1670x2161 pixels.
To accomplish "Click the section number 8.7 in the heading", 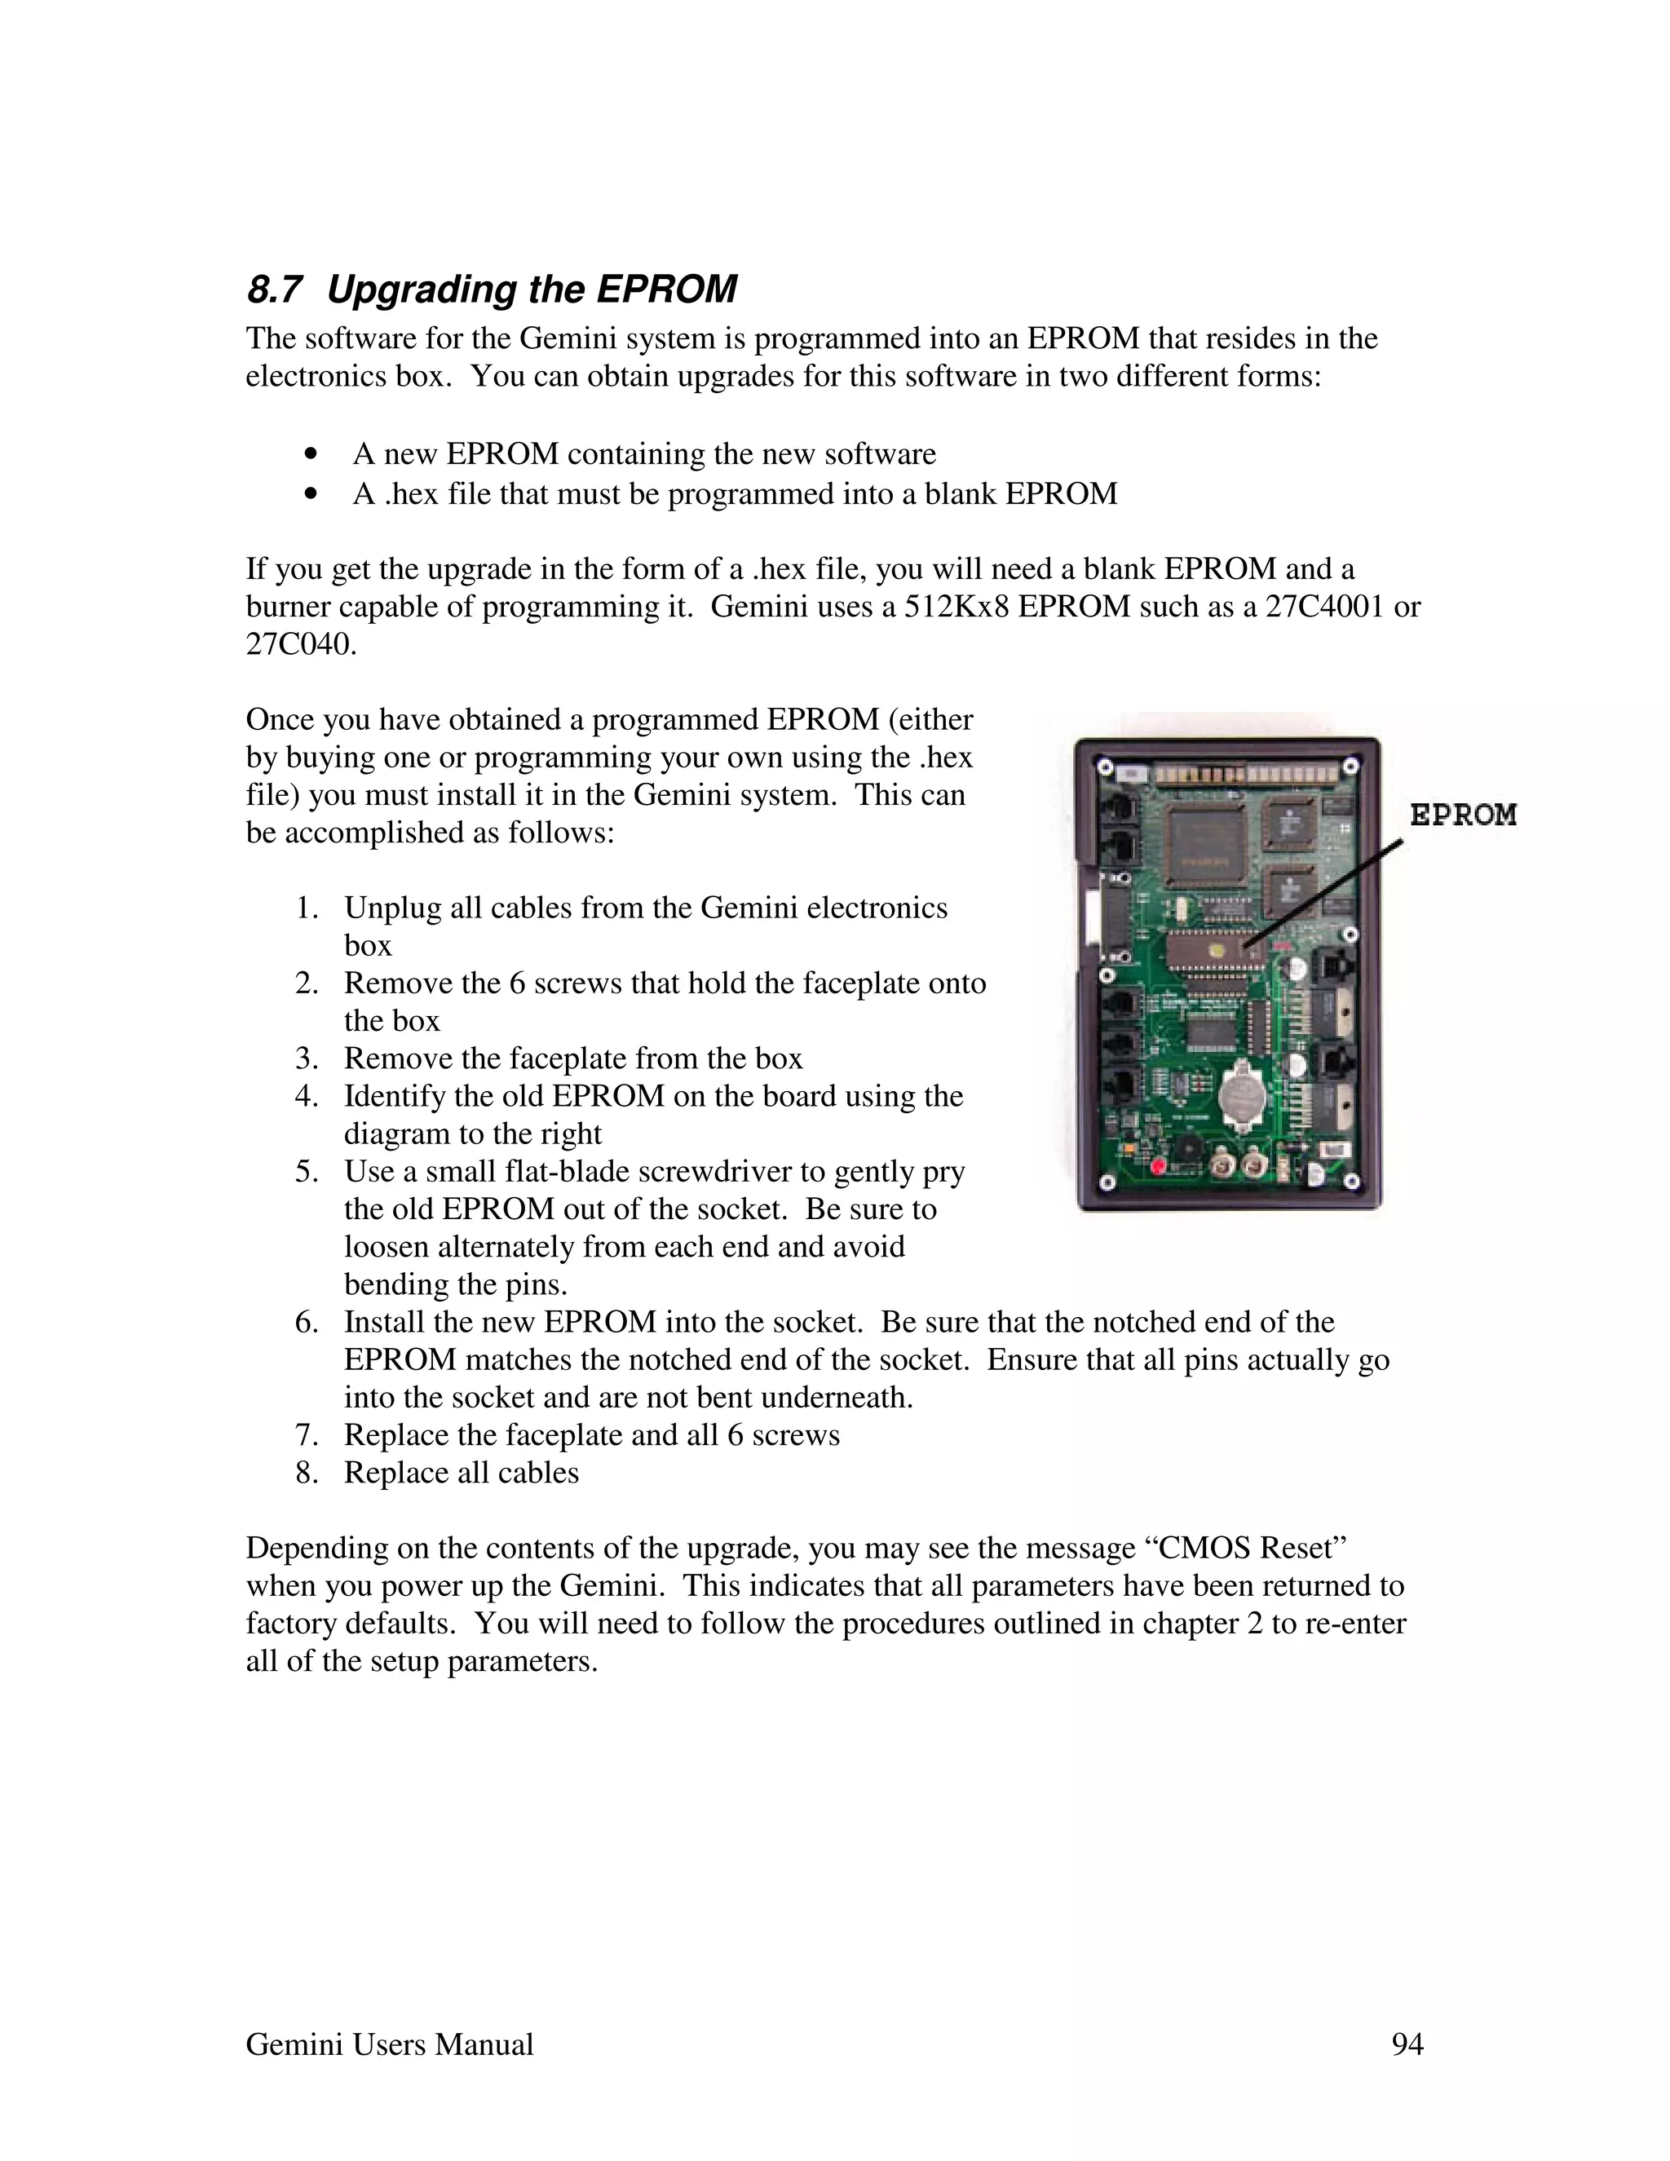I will [273, 290].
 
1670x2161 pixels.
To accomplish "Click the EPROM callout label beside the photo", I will [1462, 815].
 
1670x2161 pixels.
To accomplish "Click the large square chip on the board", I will [1205, 841].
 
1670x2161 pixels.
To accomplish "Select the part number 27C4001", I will [1323, 607].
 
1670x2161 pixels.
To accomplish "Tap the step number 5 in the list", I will [306, 1172].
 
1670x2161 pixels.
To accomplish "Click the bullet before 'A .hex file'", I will [311, 493].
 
